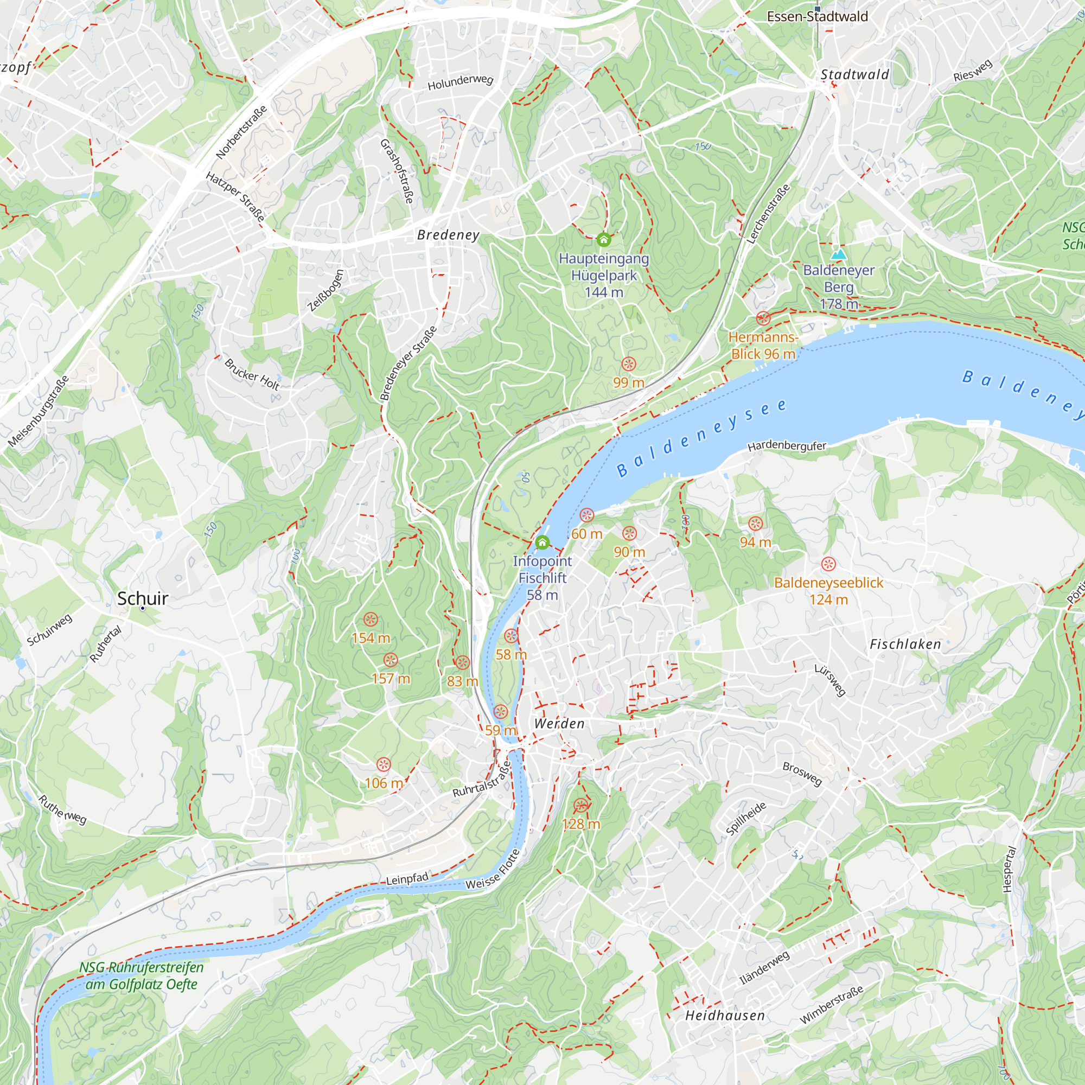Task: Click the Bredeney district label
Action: [448, 235]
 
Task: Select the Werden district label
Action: [559, 723]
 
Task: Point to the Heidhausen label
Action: [725, 1016]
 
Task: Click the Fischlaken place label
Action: [905, 644]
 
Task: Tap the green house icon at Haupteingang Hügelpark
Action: [604, 240]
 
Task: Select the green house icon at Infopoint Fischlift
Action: [542, 542]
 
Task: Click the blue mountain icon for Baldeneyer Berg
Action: [839, 254]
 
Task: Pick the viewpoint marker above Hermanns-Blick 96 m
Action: [763, 318]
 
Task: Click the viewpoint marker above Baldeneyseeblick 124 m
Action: [828, 564]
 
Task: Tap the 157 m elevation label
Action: [391, 679]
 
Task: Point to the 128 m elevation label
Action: [580, 824]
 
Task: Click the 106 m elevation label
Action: [384, 783]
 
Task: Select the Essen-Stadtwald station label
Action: [817, 16]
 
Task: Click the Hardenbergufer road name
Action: [787, 446]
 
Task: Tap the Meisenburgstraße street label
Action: [39, 412]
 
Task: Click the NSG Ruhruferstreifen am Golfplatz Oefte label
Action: [141, 975]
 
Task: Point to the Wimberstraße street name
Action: [831, 1005]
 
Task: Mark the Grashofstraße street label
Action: [397, 171]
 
